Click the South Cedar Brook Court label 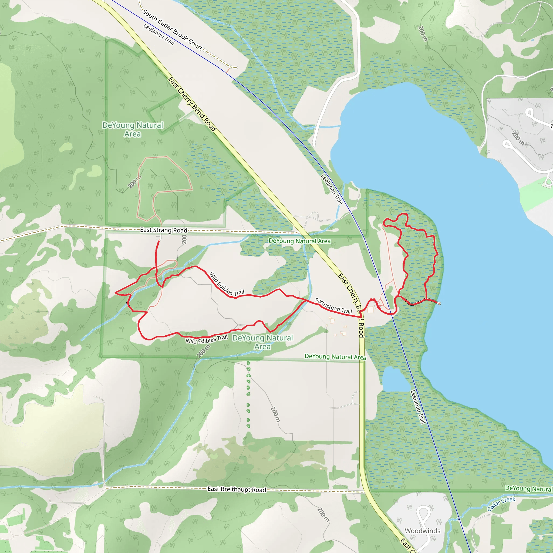pos(172,29)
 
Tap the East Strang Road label pos(163,230)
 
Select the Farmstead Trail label pos(333,306)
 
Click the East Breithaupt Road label pos(237,489)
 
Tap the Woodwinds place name pos(423,531)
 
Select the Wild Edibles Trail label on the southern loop pos(207,339)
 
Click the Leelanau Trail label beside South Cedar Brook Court pos(159,34)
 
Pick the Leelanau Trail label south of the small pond pos(418,407)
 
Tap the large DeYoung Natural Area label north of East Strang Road pos(133,129)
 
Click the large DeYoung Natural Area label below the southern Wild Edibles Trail pos(262,342)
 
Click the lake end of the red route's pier pos(439,304)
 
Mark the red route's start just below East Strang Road pos(159,241)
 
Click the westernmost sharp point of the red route pos(115,292)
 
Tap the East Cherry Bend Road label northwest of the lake pos(192,104)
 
